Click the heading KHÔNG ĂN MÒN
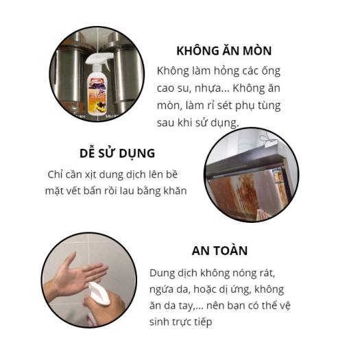click(224, 51)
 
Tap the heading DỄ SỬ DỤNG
click(117, 152)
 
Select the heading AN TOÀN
click(219, 250)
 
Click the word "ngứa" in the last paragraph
click(163, 289)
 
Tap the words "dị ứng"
click(245, 289)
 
